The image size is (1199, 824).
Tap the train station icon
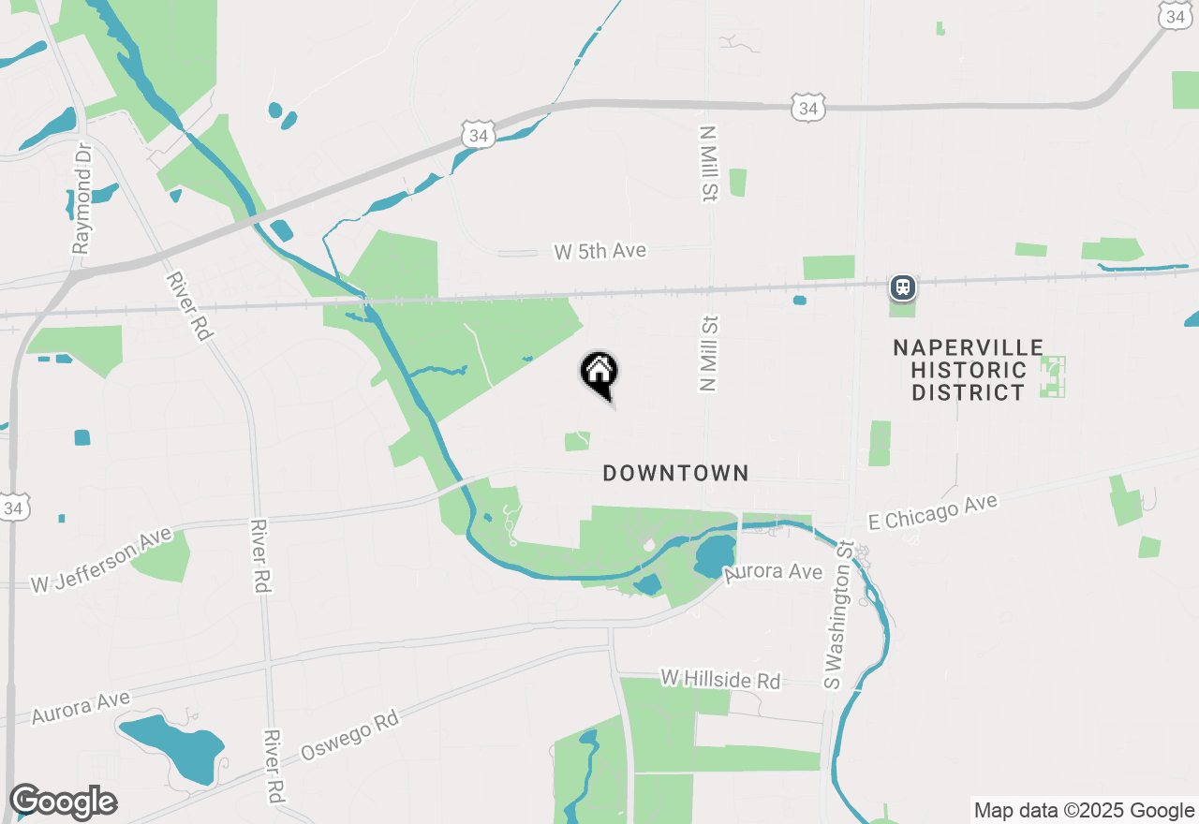click(902, 287)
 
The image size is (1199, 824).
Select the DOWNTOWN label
click(675, 474)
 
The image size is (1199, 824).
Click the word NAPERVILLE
click(968, 348)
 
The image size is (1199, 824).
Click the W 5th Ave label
click(599, 252)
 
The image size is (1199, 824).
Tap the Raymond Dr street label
click(82, 199)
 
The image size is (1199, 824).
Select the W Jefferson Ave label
click(101, 560)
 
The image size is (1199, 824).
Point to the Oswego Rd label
click(349, 736)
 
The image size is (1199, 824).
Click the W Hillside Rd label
click(720, 680)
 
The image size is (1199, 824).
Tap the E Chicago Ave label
click(933, 513)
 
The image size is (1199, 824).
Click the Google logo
click(63, 802)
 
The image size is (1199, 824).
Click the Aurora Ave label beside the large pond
click(773, 572)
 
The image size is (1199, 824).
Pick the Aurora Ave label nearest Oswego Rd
click(81, 708)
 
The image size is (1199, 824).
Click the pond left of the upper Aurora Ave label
click(716, 558)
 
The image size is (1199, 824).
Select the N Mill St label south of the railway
click(709, 353)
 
